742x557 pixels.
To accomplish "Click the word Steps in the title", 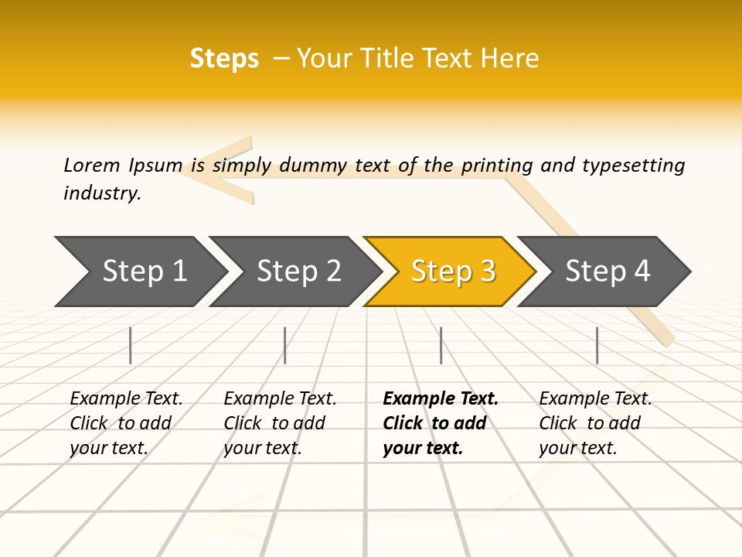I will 224,59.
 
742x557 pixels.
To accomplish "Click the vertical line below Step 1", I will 131,345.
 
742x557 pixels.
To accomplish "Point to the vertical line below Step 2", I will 285,345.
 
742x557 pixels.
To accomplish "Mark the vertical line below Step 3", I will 441,345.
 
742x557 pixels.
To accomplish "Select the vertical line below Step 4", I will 597,345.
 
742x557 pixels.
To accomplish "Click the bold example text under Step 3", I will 440,423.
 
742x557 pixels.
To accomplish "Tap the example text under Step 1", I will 126,423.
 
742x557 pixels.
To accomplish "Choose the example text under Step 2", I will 280,423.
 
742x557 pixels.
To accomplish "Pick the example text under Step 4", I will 595,423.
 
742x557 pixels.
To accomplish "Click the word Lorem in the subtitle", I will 91,165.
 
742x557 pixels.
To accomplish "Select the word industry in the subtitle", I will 101,193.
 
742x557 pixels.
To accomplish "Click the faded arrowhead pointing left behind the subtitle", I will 213,171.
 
